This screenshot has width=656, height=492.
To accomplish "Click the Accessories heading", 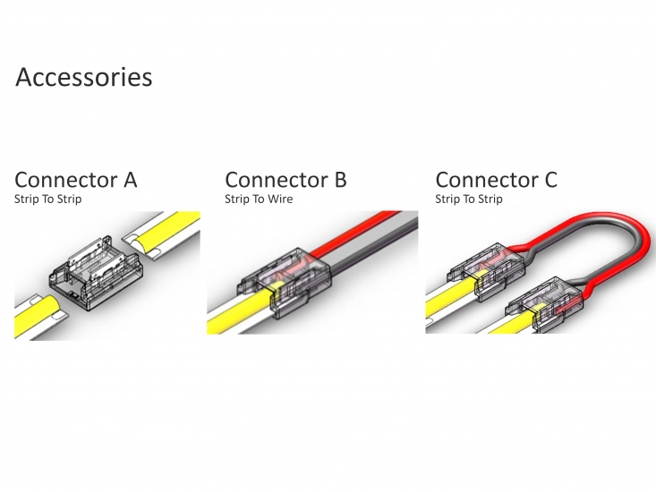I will [84, 77].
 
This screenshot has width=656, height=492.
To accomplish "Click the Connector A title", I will [76, 180].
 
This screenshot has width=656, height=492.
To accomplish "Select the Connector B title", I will [285, 180].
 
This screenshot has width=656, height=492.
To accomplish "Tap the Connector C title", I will [496, 180].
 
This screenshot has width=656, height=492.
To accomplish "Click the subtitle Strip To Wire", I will [258, 199].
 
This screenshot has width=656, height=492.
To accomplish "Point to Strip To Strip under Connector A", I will [47, 199].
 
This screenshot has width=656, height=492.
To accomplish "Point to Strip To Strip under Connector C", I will [469, 199].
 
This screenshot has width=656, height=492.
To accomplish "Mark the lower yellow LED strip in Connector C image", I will [501, 327].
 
